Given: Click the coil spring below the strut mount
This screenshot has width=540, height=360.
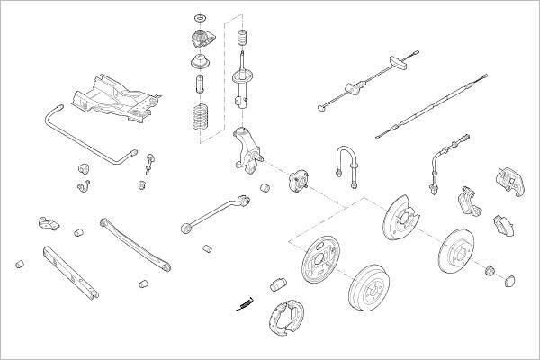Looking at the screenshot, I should pos(199,121).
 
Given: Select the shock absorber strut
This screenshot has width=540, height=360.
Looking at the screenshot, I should pos(241,83).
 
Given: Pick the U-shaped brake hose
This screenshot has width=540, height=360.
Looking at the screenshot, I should pos(346,160).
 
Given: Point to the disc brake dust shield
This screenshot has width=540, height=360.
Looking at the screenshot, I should pos(398,220).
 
